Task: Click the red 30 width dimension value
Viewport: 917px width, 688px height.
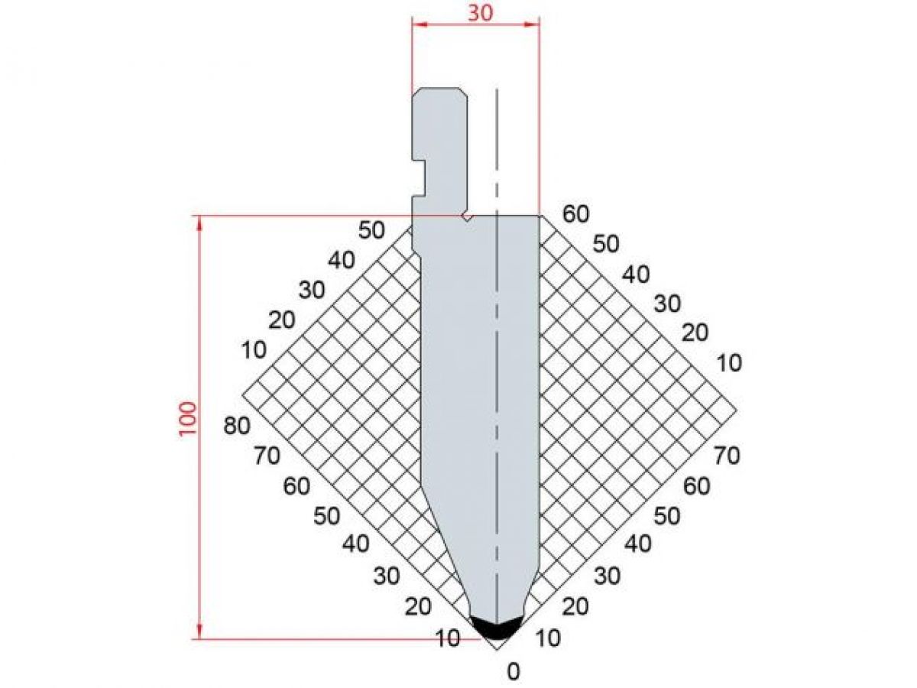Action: tap(480, 13)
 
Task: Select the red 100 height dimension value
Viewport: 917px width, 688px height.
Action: tap(187, 419)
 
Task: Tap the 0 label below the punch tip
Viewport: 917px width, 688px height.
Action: tap(514, 672)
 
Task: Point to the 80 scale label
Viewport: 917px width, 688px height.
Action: tap(237, 427)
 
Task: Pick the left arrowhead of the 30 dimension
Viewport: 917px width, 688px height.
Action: tap(419, 25)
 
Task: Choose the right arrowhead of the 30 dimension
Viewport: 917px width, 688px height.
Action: tap(532, 25)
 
